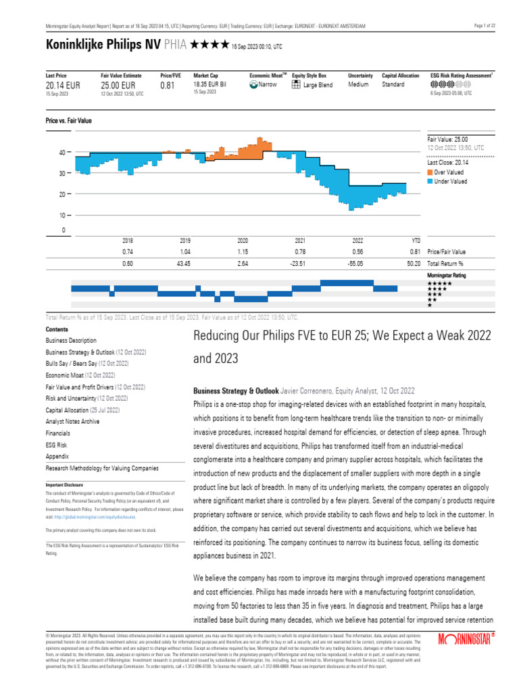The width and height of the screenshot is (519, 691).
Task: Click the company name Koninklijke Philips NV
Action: (x=94, y=45)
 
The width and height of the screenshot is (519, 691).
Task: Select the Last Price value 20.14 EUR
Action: (x=63, y=86)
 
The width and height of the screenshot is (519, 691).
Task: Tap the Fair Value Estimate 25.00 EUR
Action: (x=118, y=86)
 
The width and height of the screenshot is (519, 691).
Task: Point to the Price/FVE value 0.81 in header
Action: (x=167, y=86)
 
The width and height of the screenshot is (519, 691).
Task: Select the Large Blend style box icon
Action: (x=296, y=85)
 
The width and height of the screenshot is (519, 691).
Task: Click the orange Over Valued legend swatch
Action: (x=430, y=173)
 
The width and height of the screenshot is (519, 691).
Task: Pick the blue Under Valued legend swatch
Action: (x=430, y=182)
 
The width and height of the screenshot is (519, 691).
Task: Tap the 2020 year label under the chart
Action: (x=243, y=240)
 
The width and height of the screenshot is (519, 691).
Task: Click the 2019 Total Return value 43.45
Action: (x=185, y=263)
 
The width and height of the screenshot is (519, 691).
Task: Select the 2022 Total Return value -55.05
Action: (x=357, y=263)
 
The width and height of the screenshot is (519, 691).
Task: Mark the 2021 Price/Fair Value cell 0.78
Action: (x=300, y=252)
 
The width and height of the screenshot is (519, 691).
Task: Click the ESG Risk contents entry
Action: (x=57, y=445)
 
